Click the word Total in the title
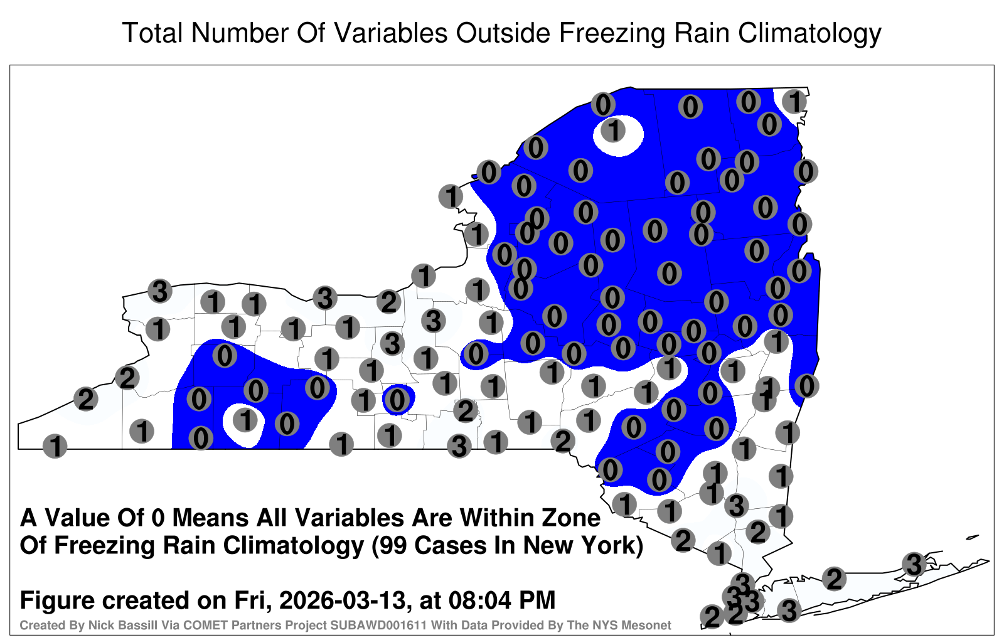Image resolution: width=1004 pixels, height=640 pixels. click(152, 33)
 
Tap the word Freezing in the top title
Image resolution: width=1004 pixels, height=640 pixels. click(612, 34)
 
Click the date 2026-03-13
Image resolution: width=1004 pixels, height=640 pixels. click(343, 600)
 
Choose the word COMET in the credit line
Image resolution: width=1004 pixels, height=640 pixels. click(184, 625)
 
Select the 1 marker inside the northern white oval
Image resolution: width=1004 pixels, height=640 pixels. click(613, 131)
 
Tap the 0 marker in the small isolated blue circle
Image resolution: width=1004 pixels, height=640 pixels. click(397, 399)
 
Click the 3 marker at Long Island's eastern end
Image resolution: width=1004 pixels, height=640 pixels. click(914, 564)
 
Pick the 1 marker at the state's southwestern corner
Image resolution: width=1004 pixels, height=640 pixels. click(55, 446)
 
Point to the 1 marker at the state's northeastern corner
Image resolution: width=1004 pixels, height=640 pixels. click(794, 101)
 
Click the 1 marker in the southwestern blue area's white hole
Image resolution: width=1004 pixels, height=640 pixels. click(245, 420)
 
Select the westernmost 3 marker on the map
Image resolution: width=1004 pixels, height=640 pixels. click(160, 291)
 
